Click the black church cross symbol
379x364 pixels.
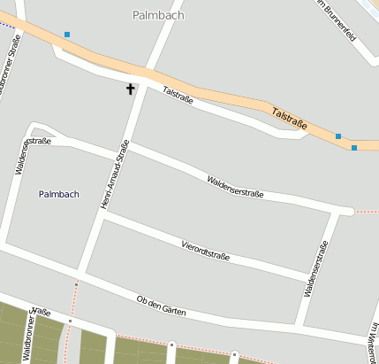[132, 89]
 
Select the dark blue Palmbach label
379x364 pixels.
[59, 194]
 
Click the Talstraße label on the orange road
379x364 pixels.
[290, 120]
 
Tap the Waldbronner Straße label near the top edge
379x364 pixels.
[11, 64]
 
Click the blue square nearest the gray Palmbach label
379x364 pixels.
[67, 35]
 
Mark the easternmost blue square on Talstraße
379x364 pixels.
[354, 148]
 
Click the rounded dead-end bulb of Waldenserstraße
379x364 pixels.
[347, 211]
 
